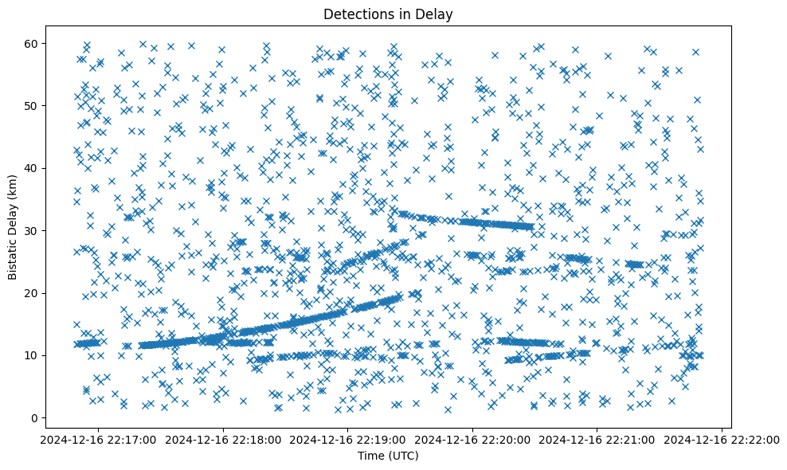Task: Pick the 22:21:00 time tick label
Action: (597, 439)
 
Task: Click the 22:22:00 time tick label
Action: (722, 439)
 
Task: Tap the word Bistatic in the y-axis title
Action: (14, 256)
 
